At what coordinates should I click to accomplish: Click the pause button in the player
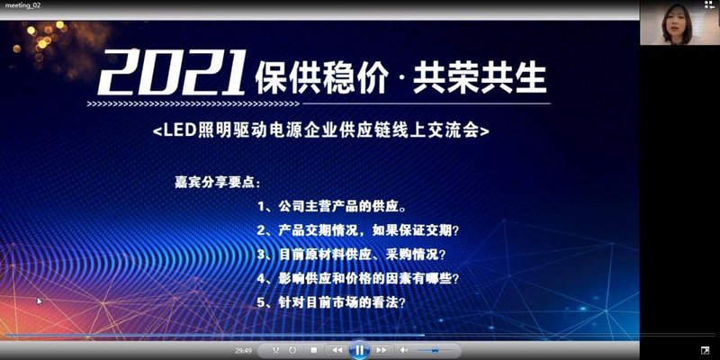pos(358,349)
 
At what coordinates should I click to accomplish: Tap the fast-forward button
pos(382,349)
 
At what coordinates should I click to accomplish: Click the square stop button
pos(313,349)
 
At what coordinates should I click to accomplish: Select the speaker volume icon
pos(404,349)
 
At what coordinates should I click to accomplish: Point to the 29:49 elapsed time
pos(243,349)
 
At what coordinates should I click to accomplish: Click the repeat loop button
pos(275,349)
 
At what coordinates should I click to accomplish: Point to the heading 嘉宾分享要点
pos(210,181)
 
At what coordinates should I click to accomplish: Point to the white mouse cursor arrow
pos(39,301)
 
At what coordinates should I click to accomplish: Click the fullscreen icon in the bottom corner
pos(705,349)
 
